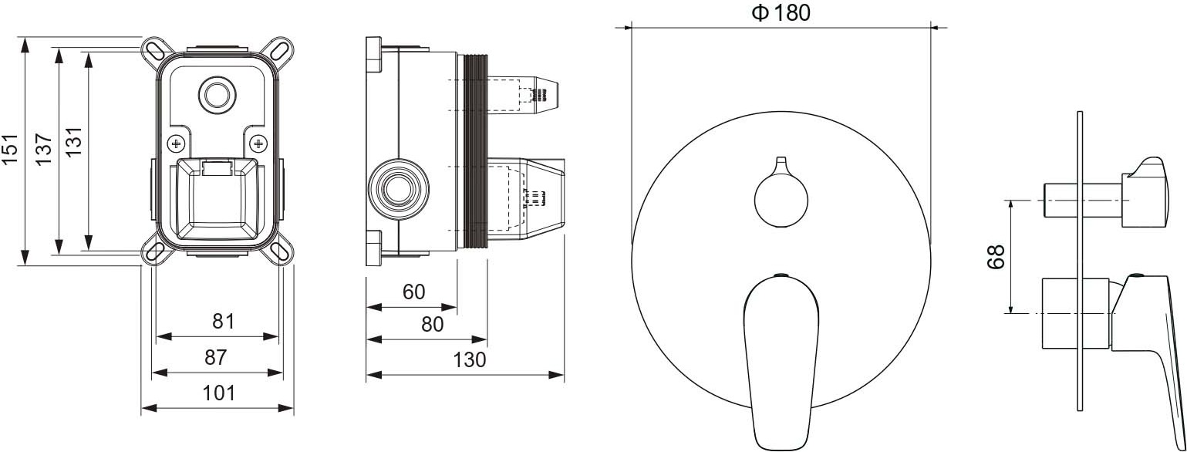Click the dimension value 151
click(x=10, y=150)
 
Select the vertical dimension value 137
click(x=44, y=150)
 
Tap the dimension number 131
click(x=74, y=141)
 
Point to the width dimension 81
click(x=223, y=321)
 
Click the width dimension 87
click(x=216, y=357)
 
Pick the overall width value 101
click(x=218, y=393)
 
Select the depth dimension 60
click(x=414, y=292)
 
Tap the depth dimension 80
click(x=433, y=324)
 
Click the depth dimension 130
click(x=470, y=360)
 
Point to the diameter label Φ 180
click(x=781, y=13)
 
